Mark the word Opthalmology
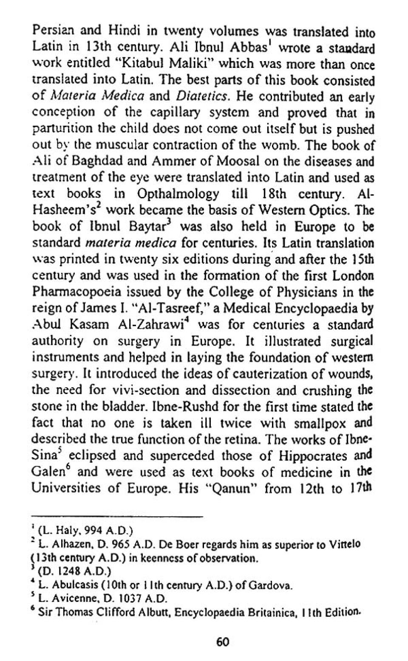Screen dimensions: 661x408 [178, 194]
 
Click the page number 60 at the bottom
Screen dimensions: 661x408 [222, 641]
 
